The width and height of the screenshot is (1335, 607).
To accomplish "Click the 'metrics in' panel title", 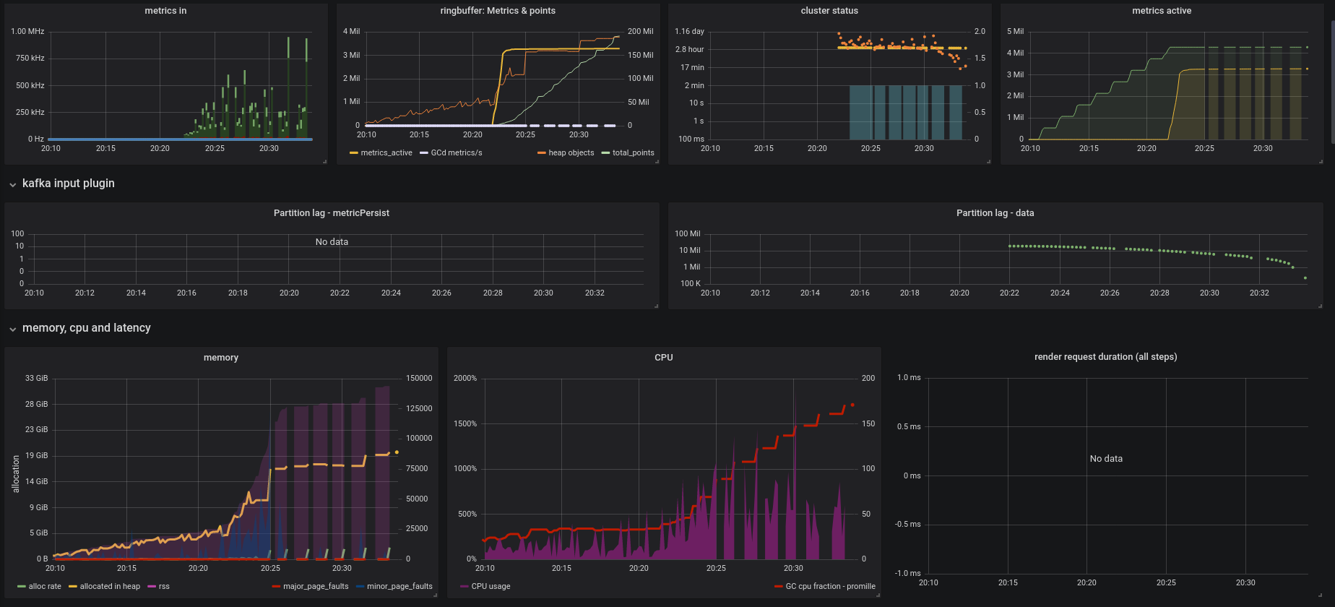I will [165, 11].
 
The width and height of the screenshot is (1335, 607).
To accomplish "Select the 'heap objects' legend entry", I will [571, 153].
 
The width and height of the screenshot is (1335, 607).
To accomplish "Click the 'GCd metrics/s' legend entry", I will [456, 153].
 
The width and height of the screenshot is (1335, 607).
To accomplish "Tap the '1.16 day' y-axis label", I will [689, 32].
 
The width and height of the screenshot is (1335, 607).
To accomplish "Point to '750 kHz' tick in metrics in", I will [30, 59].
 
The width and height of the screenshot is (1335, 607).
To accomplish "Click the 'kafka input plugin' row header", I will [68, 184].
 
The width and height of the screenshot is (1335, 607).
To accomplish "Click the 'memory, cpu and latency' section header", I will [86, 328].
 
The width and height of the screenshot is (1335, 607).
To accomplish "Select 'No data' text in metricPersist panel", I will [332, 242].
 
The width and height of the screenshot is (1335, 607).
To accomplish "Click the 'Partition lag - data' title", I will [995, 213].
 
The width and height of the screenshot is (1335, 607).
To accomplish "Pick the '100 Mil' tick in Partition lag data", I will [687, 234].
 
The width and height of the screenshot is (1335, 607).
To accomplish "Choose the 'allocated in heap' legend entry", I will [110, 587].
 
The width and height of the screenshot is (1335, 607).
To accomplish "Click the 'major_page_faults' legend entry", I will [316, 587].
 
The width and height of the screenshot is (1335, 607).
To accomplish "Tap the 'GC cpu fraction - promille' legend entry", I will [830, 587].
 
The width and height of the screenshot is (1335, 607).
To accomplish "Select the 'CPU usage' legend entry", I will [491, 587].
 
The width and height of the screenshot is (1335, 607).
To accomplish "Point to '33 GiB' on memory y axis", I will [36, 379].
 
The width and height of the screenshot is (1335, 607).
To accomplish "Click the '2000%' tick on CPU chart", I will [465, 379].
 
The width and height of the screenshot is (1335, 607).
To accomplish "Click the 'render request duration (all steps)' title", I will [1105, 357].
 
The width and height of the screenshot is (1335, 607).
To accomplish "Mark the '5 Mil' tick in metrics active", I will [1015, 32].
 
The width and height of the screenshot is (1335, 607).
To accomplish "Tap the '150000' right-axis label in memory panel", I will [419, 379].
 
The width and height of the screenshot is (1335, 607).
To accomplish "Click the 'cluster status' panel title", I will [829, 11].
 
